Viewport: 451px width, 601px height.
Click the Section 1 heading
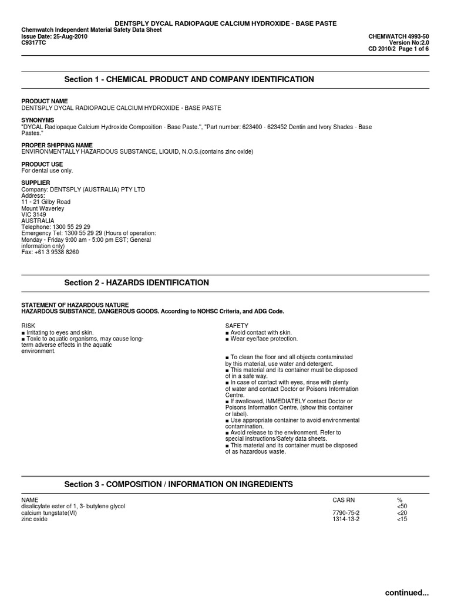[x=189, y=79]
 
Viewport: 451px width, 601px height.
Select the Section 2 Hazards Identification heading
[x=136, y=283]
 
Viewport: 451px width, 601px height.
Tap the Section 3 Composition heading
[x=178, y=484]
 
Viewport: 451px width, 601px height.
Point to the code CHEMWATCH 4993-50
[x=398, y=36]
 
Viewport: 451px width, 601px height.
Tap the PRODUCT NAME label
[x=45, y=102]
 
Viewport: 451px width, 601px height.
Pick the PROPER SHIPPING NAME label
[x=57, y=145]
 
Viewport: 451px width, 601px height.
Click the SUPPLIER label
[x=36, y=183]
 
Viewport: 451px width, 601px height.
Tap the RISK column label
[x=28, y=325]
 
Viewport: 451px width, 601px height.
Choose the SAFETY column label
[x=237, y=325]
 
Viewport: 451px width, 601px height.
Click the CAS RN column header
[x=344, y=500]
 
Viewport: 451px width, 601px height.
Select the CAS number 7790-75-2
[x=346, y=513]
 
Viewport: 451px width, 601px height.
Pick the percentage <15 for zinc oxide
[x=402, y=519]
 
